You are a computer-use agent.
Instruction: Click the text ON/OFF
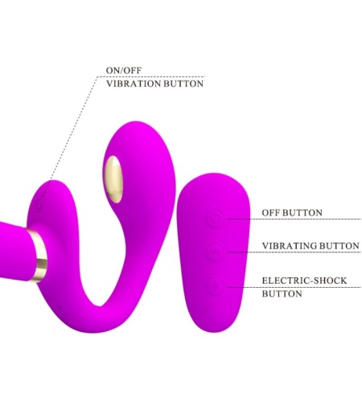(124, 71)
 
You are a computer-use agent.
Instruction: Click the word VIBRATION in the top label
(134, 84)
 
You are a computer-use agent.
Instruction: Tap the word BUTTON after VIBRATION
(183, 84)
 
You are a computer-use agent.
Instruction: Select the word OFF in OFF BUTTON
(271, 213)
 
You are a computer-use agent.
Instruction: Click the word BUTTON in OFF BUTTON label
(302, 213)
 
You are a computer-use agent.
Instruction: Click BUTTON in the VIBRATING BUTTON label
(339, 246)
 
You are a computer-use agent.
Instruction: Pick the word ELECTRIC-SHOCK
(304, 281)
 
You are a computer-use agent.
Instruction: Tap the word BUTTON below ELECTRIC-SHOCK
(282, 293)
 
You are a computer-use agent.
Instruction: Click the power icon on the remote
(215, 219)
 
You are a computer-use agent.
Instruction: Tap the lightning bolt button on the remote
(215, 286)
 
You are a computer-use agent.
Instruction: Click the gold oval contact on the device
(114, 179)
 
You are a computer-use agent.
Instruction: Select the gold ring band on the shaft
(39, 255)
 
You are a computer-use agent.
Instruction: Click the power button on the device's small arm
(39, 204)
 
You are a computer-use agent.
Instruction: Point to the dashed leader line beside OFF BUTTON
(294, 219)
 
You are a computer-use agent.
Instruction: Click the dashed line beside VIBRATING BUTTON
(294, 252)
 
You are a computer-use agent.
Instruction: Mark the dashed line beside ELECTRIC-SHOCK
(294, 287)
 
